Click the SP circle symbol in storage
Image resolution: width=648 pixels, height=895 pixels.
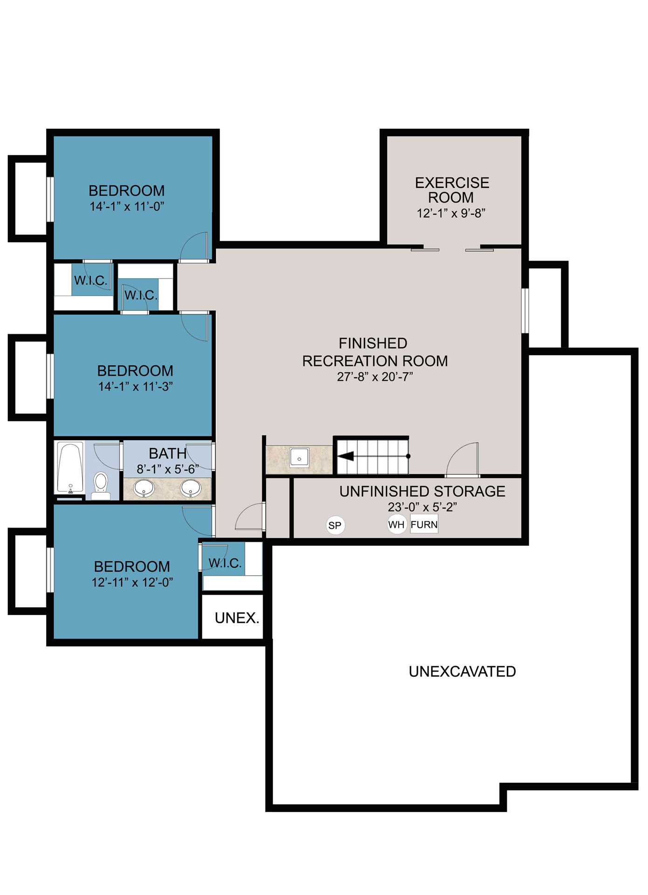335,525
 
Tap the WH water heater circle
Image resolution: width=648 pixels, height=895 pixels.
396,524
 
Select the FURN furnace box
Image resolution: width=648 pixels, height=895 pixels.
424,525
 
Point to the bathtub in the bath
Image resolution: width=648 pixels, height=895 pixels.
70,468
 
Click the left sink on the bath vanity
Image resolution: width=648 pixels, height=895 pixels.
144,489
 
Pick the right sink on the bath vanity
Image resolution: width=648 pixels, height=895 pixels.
191,489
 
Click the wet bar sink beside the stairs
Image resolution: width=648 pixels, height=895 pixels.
299,458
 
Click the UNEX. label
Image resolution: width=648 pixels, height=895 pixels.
237,618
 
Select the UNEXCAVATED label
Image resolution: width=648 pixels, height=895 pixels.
462,672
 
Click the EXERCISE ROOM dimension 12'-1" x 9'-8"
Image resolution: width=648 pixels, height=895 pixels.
451,213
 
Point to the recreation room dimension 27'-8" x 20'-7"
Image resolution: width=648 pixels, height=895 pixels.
375,377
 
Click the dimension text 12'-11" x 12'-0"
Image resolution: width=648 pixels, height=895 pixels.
132,583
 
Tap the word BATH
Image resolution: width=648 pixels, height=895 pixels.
168,454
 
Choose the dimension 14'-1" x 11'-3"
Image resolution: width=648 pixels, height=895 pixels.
136,387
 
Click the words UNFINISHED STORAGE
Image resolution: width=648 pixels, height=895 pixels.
422,492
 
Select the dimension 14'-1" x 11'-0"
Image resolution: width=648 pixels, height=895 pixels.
127,207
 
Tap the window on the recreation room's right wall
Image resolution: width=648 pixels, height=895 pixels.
525,310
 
